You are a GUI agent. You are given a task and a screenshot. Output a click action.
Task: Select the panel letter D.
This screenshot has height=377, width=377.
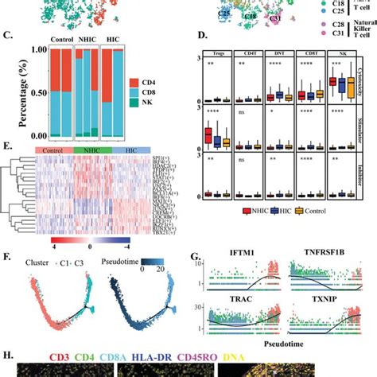[x=203, y=35]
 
